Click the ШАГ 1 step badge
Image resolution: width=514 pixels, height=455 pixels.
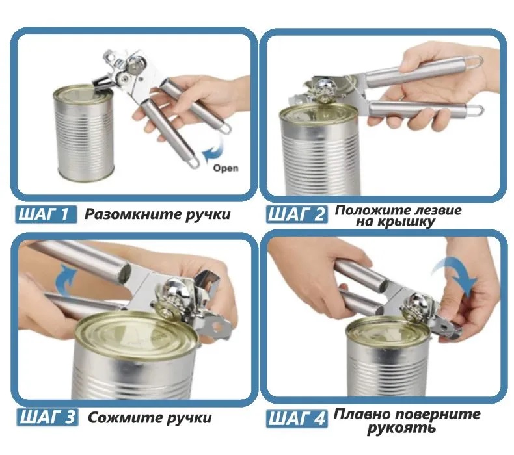click(x=46, y=214)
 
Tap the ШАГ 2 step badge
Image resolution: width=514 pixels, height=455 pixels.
click(x=297, y=215)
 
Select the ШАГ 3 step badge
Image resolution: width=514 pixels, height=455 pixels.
click(x=47, y=417)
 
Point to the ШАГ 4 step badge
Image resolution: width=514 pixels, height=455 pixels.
click(x=297, y=419)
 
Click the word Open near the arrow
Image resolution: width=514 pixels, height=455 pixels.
click(x=226, y=168)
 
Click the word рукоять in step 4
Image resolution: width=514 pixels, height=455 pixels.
click(x=401, y=428)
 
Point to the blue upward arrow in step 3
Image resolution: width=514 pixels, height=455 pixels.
click(x=67, y=281)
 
